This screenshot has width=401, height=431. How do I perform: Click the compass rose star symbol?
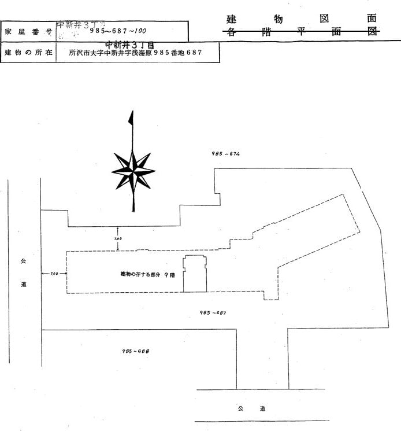click(133, 170)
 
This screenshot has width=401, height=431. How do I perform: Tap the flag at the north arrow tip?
click(131, 117)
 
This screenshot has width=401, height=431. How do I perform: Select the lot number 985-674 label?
click(226, 154)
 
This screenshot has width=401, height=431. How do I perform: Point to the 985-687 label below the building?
click(213, 312)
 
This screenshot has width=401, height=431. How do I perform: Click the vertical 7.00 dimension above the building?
click(117, 238)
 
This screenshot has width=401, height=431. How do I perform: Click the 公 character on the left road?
click(24, 261)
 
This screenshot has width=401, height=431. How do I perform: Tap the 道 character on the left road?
click(24, 284)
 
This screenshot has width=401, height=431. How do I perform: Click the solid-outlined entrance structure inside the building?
click(195, 274)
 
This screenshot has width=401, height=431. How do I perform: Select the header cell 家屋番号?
click(28, 31)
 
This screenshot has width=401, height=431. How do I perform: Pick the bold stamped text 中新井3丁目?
click(130, 44)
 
